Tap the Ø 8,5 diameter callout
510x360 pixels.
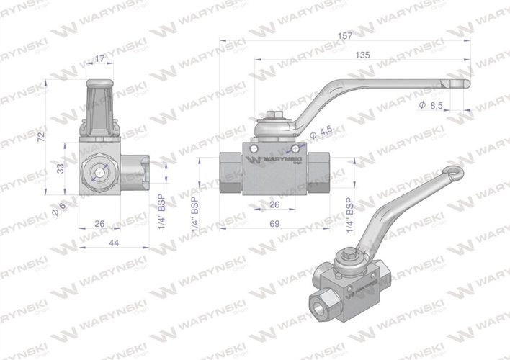(x=431, y=106)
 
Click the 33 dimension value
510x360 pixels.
(x=61, y=167)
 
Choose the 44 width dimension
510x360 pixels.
(x=113, y=244)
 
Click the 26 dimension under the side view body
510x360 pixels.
(x=275, y=205)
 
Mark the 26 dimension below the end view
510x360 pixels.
(x=99, y=224)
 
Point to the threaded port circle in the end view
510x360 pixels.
(x=99, y=172)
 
